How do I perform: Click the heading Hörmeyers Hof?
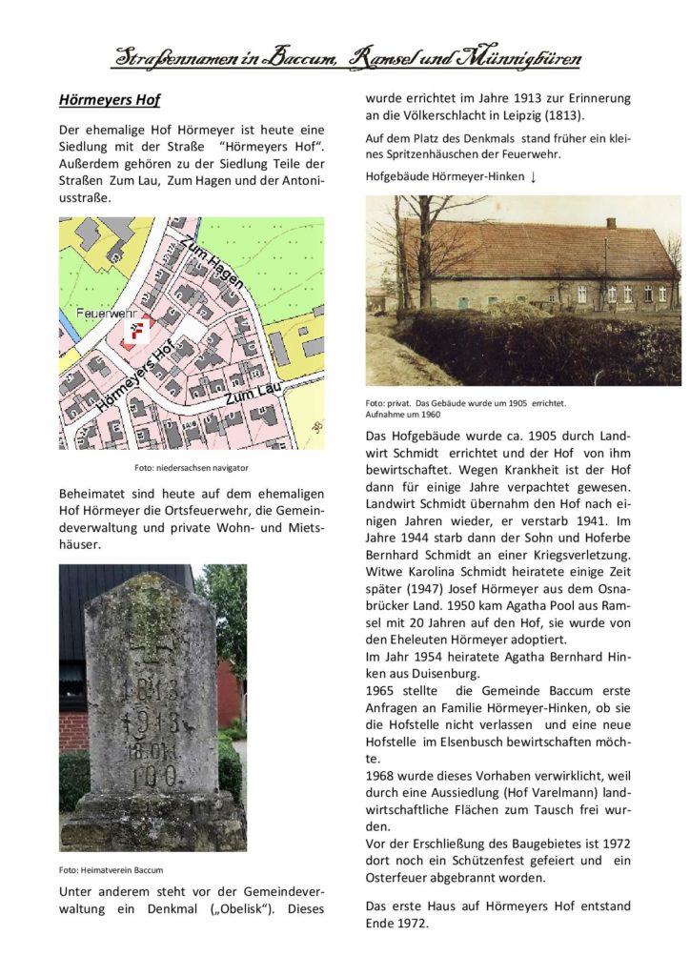(110, 99)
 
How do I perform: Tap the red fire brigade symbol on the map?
(138, 333)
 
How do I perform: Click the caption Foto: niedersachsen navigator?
(191, 469)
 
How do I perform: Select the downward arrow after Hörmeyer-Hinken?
(533, 177)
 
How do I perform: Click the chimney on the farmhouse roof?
(611, 223)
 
